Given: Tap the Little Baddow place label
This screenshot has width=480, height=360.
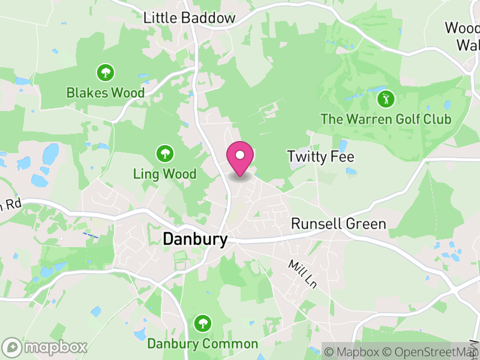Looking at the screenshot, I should [190, 19].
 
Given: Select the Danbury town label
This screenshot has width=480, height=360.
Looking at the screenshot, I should [195, 239].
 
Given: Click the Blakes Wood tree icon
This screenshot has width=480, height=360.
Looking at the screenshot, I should [106, 73].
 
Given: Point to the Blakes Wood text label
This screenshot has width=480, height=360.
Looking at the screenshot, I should [106, 93].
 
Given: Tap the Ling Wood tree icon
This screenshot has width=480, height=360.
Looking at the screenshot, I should [164, 154].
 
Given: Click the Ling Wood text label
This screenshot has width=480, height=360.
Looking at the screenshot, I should [164, 175].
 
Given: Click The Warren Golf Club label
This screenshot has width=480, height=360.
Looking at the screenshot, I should [386, 119].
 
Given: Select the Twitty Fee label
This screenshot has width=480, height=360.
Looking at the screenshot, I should [320, 157].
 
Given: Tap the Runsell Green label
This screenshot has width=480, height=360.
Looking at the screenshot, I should [338, 224].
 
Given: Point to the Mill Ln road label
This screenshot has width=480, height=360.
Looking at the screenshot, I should [302, 274].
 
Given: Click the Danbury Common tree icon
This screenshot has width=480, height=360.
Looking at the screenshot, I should [203, 324].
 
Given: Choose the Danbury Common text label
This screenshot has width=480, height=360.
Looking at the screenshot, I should [203, 344].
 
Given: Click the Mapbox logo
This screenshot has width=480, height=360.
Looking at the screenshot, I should [45, 347].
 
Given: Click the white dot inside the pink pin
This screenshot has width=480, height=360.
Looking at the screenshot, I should [240, 155].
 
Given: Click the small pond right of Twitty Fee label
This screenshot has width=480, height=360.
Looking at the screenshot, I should [350, 171].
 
